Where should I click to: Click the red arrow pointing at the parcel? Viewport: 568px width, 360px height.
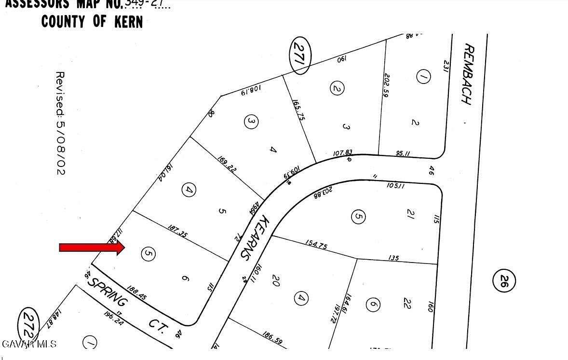pyautogui.click(x=92, y=248)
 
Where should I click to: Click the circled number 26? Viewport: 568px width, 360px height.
pyautogui.click(x=504, y=280)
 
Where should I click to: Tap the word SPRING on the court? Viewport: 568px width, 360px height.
pyautogui.click(x=108, y=291)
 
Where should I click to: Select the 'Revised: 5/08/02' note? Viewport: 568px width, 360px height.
pyautogui.click(x=60, y=123)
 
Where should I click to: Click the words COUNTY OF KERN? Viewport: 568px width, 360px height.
pyautogui.click(x=92, y=22)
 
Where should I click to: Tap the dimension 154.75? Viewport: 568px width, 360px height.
pyautogui.click(x=316, y=245)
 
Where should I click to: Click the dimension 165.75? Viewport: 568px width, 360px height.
pyautogui.click(x=298, y=111)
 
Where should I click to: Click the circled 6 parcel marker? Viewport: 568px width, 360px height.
pyautogui.click(x=373, y=305)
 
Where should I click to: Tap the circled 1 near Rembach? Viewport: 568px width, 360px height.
pyautogui.click(x=423, y=77)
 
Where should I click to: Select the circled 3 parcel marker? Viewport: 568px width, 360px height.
pyautogui.click(x=250, y=122)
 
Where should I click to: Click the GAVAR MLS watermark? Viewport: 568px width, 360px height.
pyautogui.click(x=29, y=344)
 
